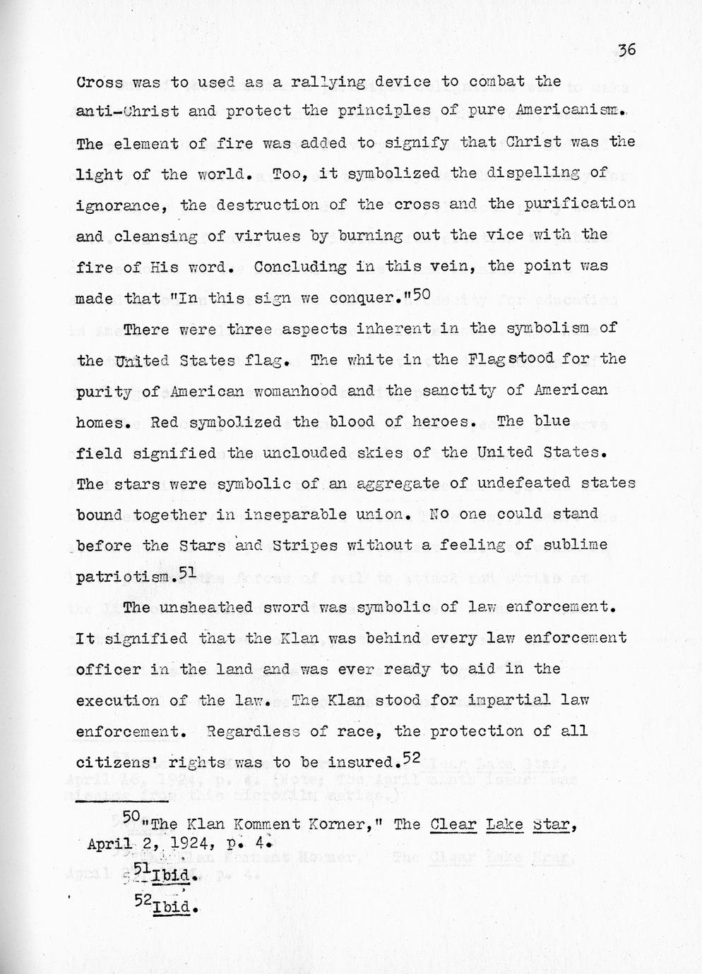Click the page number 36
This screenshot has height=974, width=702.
(626, 50)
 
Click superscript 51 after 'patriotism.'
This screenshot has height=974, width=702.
(187, 572)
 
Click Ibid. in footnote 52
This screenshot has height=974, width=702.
(173, 906)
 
